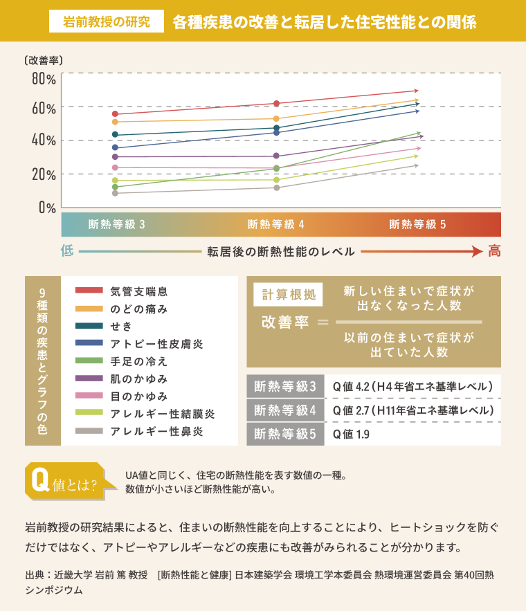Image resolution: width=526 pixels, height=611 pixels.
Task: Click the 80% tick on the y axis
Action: click(43, 78)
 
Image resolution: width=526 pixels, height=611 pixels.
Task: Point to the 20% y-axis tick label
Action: click(43, 174)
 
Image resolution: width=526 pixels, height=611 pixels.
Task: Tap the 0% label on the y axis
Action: click(47, 207)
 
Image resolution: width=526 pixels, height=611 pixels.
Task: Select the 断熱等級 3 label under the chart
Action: click(117, 225)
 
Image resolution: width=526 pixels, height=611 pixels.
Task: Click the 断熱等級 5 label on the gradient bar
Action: click(417, 225)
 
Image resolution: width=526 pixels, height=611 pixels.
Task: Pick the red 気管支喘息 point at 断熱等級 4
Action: click(276, 104)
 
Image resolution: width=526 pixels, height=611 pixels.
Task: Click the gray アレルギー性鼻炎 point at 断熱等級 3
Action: click(115, 194)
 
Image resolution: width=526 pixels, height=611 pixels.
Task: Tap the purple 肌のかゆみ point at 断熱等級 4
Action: click(276, 156)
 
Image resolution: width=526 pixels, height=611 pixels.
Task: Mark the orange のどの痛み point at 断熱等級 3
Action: click(115, 122)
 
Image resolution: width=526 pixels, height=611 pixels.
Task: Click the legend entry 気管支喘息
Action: click(138, 291)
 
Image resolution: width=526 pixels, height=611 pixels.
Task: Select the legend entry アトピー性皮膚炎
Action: click(156, 344)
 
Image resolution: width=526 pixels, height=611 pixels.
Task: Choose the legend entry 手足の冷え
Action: click(138, 362)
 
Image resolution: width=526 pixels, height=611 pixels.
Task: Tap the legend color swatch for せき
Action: click(89, 326)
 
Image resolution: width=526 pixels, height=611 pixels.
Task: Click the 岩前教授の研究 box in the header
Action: click(106, 21)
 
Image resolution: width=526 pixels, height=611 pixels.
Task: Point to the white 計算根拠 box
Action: click(288, 294)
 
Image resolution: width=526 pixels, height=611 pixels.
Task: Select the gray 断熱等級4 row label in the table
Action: click(285, 410)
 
